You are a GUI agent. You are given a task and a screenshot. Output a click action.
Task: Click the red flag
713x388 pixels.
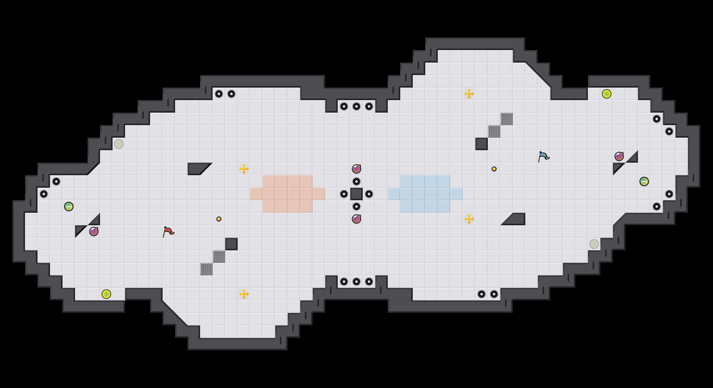click(168, 232)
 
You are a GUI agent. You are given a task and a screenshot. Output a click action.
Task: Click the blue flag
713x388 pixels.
click(543, 156)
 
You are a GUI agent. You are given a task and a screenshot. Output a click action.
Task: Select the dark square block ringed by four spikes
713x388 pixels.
click(356, 194)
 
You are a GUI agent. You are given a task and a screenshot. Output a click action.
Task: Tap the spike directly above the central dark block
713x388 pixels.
click(356, 181)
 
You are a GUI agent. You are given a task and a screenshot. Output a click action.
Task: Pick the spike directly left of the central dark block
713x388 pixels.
click(344, 194)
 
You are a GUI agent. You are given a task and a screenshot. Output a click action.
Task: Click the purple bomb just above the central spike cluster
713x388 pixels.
click(356, 169)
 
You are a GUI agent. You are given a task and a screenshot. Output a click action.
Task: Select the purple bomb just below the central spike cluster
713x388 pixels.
click(356, 219)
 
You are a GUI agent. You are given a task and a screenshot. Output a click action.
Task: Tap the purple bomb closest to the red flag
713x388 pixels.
click(94, 232)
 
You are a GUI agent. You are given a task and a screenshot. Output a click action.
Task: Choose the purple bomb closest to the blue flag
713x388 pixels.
click(619, 156)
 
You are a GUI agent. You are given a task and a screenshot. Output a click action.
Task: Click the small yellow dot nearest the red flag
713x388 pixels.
click(219, 219)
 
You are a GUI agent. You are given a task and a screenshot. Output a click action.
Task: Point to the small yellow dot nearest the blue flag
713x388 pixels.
click(494, 169)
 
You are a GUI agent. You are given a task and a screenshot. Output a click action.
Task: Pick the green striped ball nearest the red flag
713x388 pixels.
click(69, 207)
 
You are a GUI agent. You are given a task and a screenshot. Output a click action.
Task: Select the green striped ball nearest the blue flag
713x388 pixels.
click(644, 181)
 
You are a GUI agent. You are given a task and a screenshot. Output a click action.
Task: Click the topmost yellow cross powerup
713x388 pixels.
click(469, 94)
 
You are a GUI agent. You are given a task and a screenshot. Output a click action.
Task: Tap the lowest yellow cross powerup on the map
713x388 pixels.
click(244, 294)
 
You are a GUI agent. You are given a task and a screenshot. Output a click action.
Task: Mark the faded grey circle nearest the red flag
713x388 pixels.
click(119, 144)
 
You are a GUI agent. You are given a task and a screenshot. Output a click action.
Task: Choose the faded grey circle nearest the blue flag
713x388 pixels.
click(594, 244)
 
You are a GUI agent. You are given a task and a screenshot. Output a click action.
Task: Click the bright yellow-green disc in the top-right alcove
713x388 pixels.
click(607, 94)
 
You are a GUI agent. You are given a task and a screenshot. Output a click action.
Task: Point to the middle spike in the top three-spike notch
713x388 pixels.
click(356, 106)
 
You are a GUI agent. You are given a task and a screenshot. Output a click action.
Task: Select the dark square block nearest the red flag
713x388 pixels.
click(231, 244)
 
